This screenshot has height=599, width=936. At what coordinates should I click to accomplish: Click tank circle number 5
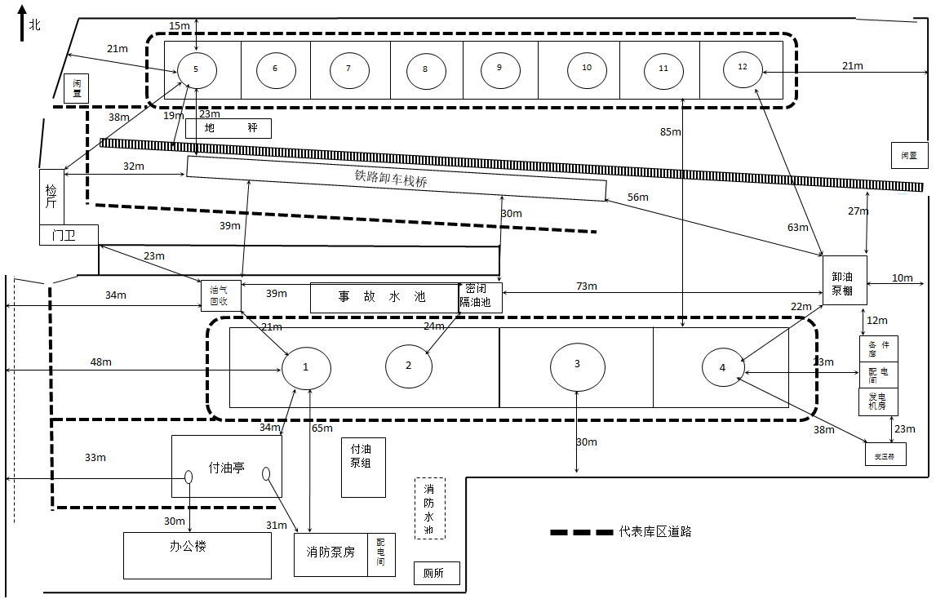pos(197,69)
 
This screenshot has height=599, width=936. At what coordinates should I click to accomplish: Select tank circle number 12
pos(743,68)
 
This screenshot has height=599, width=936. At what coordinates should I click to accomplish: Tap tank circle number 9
pos(499,69)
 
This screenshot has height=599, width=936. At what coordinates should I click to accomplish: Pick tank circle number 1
pos(306,367)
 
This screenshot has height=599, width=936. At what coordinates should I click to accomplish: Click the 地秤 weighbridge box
pos(228,128)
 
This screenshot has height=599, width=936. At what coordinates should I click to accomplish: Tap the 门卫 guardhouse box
pos(69,235)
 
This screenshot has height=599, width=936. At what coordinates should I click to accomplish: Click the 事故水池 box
pos(382,297)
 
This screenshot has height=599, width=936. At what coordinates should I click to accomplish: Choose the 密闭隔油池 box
pos(480,297)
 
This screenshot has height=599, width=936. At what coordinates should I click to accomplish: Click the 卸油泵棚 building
pos(844,281)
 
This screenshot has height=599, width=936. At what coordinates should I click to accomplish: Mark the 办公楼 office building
pos(197,555)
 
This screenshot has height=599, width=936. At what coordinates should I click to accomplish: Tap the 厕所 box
pos(437,573)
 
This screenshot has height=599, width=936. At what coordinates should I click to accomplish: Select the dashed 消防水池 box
pos(429,508)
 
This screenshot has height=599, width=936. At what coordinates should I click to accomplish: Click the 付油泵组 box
pos(363,467)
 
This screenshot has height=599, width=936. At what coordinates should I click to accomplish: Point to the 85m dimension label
pos(670,132)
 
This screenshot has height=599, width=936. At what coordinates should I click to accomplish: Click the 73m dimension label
pos(586,286)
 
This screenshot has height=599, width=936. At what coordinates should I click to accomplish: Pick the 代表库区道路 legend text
pos(655,531)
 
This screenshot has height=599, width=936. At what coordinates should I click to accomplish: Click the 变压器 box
pos(885,454)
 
